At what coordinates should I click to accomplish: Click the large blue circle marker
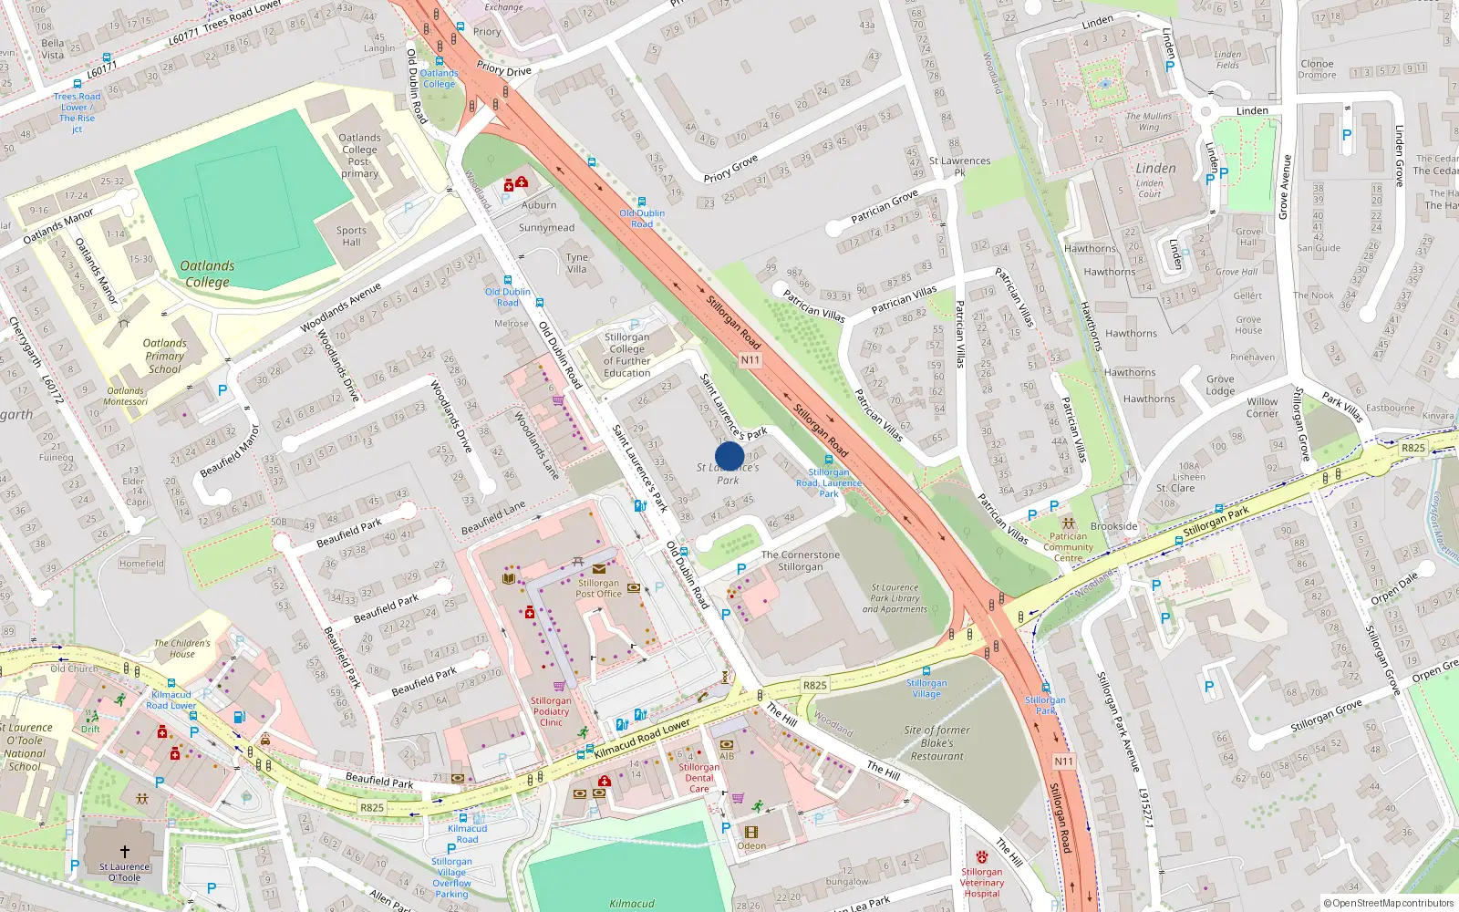tap(729, 457)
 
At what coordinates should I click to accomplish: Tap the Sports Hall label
tap(351, 236)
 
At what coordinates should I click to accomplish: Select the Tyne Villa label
tap(576, 263)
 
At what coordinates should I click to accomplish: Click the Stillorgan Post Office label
tap(598, 588)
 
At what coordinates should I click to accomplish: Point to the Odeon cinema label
tap(751, 845)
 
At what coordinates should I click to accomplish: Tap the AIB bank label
tap(727, 756)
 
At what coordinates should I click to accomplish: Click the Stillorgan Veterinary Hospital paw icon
tap(982, 857)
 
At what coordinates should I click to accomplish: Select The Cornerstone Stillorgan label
tap(801, 561)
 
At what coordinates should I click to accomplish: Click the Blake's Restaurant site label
tap(936, 742)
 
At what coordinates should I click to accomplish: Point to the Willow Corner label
tap(1262, 407)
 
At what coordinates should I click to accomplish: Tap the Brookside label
tap(1113, 526)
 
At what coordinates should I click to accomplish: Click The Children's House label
tap(181, 648)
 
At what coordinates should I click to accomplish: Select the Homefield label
tap(141, 564)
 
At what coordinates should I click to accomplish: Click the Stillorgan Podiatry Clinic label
tap(551, 711)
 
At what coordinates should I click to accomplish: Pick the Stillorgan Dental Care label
tap(698, 778)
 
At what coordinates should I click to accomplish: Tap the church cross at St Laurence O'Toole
tap(125, 851)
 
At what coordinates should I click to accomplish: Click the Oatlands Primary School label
tap(165, 356)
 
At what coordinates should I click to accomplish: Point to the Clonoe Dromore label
tap(1317, 69)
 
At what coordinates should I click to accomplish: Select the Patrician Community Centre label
tap(1069, 547)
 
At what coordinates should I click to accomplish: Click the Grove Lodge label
tap(1220, 385)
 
